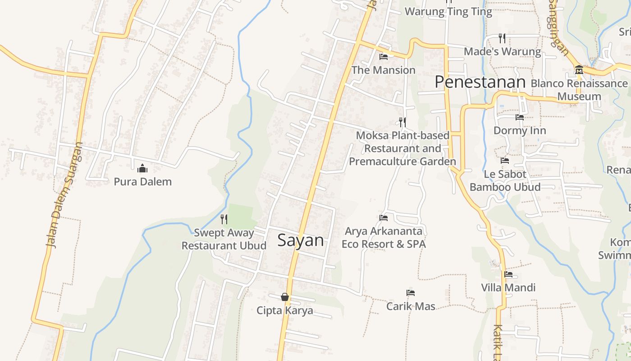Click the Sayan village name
click(301, 240)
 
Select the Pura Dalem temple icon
click(142, 169)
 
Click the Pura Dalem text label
click(142, 182)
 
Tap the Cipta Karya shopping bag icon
click(285, 297)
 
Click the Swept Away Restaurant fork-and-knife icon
click(224, 219)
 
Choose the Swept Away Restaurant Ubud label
click(224, 240)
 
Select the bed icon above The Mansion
click(384, 57)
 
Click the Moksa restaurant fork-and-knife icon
click(402, 122)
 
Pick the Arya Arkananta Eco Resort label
click(384, 238)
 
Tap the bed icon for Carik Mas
click(411, 293)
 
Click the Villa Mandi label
click(508, 287)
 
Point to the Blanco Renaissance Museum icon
click(579, 70)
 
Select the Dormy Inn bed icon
click(520, 117)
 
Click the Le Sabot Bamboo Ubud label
click(505, 180)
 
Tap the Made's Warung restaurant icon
click(502, 38)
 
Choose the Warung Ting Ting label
click(448, 12)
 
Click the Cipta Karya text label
click(285, 310)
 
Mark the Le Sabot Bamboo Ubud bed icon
click(505, 161)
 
